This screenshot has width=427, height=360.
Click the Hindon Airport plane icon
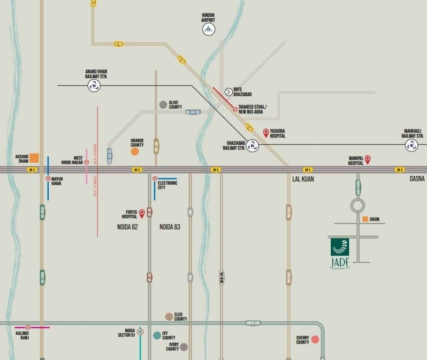tap(209, 30)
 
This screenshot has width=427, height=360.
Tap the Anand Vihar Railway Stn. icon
tap(94, 86)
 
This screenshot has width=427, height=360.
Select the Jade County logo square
tap(340, 247)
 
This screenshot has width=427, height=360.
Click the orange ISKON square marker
tap(365, 219)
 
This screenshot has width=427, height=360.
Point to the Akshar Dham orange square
tap(34, 158)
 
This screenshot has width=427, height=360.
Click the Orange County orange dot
tap(135, 151)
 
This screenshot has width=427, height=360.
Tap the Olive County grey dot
tap(163, 105)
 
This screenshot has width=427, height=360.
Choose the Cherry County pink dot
tap(315, 339)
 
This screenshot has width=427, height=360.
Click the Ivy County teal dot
tap(157, 335)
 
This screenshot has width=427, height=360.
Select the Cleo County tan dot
tap(169, 317)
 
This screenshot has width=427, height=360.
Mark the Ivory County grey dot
tap(184, 347)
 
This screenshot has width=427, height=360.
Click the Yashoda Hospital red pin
tap(266, 133)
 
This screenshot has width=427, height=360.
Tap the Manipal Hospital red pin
tap(367, 159)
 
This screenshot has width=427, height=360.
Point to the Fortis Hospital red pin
tap(142, 214)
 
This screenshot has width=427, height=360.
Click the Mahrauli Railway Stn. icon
tap(412, 145)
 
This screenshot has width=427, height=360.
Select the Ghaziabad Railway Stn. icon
tap(252, 146)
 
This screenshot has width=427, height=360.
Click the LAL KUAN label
tap(303, 179)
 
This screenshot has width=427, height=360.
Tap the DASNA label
tap(417, 179)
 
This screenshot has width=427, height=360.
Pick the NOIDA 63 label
tap(170, 227)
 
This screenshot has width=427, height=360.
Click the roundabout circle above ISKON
tap(358, 205)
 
